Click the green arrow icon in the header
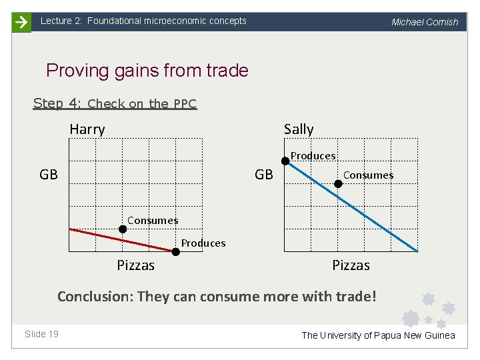tap(21, 21)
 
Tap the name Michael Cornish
tap(425, 22)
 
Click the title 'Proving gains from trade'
tap(147, 71)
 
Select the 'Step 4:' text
tap(57, 103)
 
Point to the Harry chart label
tap(87, 129)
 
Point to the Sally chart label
tap(298, 129)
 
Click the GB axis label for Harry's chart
tap(49, 175)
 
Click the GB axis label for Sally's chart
tap(264, 175)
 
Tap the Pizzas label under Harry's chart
tap(135, 265)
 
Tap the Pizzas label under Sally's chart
tap(351, 265)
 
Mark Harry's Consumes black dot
tap(123, 229)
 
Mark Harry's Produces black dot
tap(175, 252)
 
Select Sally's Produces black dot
tap(285, 160)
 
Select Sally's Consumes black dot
tap(338, 183)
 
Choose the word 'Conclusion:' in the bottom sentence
tap(95, 296)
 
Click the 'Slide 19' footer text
tap(41, 334)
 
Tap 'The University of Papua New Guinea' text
tap(378, 335)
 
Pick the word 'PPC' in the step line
tap(185, 104)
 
